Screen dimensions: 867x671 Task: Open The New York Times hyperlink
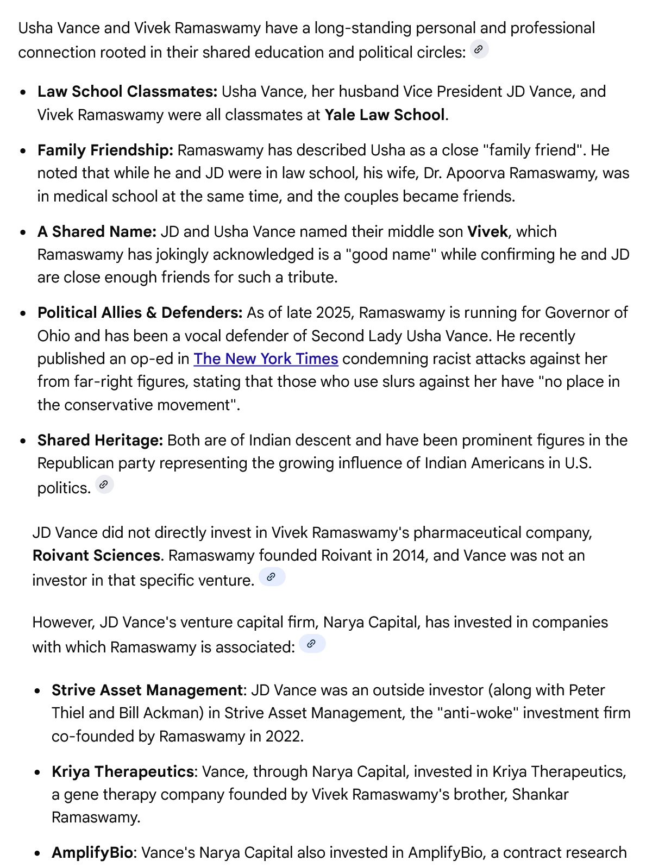(x=266, y=359)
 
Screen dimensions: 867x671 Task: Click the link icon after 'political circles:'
(x=479, y=49)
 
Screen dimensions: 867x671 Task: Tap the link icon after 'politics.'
(x=104, y=485)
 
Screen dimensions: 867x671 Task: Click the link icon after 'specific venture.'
(x=272, y=577)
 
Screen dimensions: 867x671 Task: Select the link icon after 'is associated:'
(x=312, y=644)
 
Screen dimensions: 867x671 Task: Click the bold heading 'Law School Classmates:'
(x=127, y=91)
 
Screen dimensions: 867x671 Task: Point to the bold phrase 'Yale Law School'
(x=385, y=115)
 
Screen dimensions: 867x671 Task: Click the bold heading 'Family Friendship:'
(x=105, y=150)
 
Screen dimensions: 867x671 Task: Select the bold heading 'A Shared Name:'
(x=97, y=231)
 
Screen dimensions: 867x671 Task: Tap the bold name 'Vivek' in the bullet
(x=487, y=231)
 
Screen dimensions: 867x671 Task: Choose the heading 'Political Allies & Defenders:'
(x=140, y=313)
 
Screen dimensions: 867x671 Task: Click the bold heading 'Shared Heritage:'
(x=100, y=440)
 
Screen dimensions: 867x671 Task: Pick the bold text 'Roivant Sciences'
(x=96, y=555)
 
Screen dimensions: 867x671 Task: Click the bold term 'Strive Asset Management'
(x=147, y=690)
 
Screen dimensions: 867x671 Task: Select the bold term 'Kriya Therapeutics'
(x=123, y=771)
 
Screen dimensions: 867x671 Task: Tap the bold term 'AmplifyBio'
(x=92, y=852)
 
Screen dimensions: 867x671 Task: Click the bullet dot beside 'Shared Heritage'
(x=23, y=441)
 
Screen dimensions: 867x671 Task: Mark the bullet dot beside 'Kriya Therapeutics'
(x=37, y=772)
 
